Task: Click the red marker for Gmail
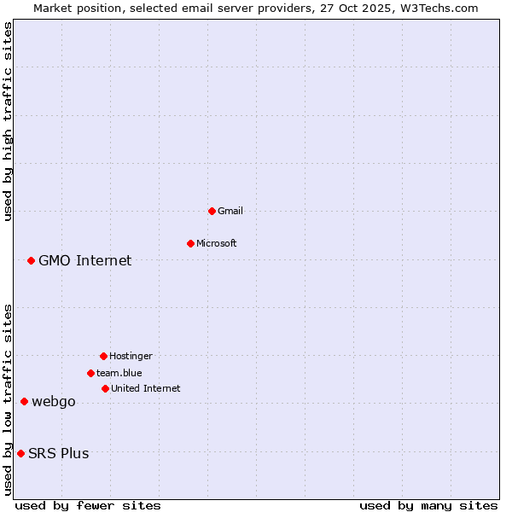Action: [x=212, y=211]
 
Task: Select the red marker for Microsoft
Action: [x=190, y=243]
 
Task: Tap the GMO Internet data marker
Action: [x=31, y=260]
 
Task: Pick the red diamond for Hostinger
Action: [x=103, y=356]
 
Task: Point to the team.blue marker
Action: [x=90, y=373]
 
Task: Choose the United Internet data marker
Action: [x=105, y=388]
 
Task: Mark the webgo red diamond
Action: [x=24, y=401]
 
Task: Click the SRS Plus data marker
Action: [x=20, y=453]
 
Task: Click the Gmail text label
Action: [x=230, y=211]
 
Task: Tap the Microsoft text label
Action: [x=217, y=243]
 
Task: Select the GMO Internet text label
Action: [x=85, y=260]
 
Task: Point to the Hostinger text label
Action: [x=131, y=356]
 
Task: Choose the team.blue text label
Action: [x=119, y=373]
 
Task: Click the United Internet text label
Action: [x=146, y=388]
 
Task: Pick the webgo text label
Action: [x=54, y=402]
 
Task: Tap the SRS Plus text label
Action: [x=59, y=453]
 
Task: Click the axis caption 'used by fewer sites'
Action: [x=88, y=505]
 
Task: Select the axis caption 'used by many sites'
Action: [x=428, y=505]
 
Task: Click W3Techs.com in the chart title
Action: [x=440, y=8]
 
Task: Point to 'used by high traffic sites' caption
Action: [x=8, y=121]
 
